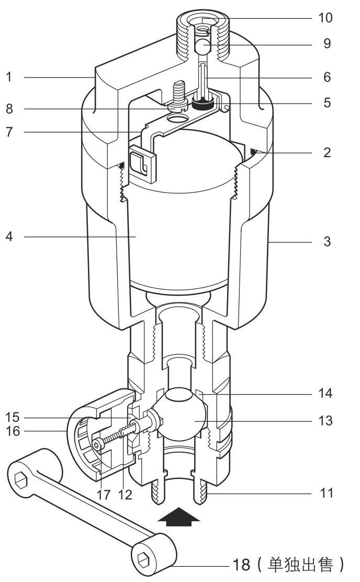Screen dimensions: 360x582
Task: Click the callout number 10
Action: pyautogui.click(x=325, y=18)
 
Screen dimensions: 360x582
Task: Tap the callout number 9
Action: pyautogui.click(x=327, y=44)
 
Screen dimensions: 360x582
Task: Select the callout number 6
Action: pyautogui.click(x=327, y=77)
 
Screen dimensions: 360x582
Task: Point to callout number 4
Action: pyautogui.click(x=9, y=237)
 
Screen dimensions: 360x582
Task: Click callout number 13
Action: pyautogui.click(x=325, y=421)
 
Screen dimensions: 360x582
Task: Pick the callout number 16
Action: pyautogui.click(x=12, y=431)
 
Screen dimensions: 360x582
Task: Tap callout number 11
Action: pyautogui.click(x=327, y=494)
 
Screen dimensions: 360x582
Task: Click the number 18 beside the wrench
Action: pyautogui.click(x=241, y=565)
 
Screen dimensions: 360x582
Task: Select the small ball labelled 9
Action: pyautogui.click(x=203, y=46)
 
